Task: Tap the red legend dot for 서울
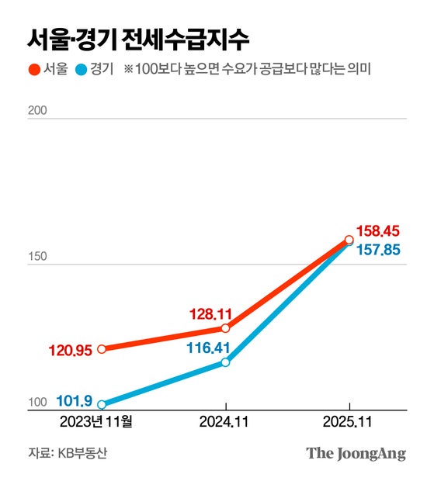click(x=33, y=70)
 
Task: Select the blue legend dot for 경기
click(x=83, y=70)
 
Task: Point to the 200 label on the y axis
click(x=37, y=110)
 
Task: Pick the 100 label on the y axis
click(x=37, y=402)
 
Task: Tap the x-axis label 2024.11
click(x=225, y=423)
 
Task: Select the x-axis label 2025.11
click(x=350, y=423)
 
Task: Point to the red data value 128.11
click(x=210, y=314)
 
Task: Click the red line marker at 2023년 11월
click(x=102, y=349)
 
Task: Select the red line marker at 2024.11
click(x=225, y=328)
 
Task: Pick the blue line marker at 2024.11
click(x=225, y=362)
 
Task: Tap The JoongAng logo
click(x=356, y=453)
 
